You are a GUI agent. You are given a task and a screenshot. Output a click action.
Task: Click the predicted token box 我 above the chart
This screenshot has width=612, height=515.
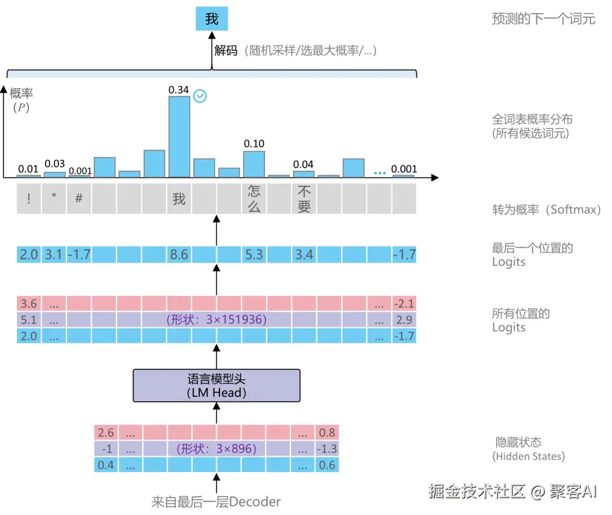click(x=212, y=19)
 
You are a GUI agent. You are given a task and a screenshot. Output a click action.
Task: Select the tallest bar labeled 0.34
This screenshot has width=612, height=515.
click(x=179, y=137)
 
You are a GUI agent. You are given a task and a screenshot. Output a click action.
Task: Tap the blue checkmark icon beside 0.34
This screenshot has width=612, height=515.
click(x=201, y=96)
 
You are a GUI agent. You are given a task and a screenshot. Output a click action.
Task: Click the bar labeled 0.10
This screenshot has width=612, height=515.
click(x=254, y=164)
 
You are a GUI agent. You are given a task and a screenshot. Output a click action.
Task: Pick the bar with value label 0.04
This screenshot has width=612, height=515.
click(x=303, y=173)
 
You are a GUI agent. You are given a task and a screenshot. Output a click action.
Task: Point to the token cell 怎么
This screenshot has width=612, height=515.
click(x=254, y=199)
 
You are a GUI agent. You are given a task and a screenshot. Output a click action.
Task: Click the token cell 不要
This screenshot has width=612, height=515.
click(x=303, y=199)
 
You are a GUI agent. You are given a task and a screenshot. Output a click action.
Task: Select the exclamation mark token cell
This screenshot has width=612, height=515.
click(x=29, y=199)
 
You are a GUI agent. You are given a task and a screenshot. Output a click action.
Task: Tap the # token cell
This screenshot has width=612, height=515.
click(x=78, y=199)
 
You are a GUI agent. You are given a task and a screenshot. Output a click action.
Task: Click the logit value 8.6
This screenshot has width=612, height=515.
click(x=179, y=254)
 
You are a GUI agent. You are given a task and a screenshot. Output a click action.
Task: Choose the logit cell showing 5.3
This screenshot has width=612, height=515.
click(x=254, y=254)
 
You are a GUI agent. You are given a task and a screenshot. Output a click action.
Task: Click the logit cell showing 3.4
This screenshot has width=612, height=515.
click(x=303, y=254)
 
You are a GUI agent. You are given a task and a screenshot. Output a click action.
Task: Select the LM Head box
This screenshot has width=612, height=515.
click(x=217, y=385)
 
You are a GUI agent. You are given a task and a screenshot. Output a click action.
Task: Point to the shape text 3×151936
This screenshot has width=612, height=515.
click(x=216, y=320)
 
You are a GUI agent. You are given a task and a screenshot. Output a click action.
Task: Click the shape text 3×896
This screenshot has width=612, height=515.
click(x=216, y=449)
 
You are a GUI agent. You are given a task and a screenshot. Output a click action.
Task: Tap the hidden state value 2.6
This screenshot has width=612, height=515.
click(x=105, y=432)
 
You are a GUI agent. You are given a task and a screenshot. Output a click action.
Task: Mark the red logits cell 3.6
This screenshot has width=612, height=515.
click(x=29, y=304)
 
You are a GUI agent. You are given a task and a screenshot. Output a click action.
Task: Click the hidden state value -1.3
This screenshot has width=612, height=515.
click(x=327, y=449)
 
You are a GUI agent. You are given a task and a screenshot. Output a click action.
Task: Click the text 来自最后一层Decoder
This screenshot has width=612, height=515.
click(x=216, y=501)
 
